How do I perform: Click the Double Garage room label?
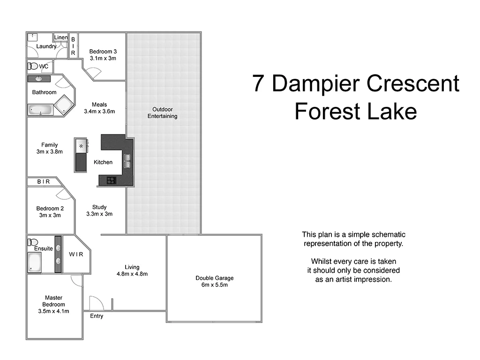click(x=214, y=278)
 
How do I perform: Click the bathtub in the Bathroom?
click(x=39, y=110)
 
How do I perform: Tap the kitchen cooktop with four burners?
click(x=112, y=180)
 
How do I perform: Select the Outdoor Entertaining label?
click(x=163, y=112)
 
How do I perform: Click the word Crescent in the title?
click(x=412, y=83)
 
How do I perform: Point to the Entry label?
click(x=97, y=316)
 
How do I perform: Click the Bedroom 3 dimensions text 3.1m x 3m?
click(x=103, y=59)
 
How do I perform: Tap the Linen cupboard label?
click(x=61, y=37)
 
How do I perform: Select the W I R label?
click(x=76, y=255)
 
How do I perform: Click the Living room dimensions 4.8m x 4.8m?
click(x=132, y=274)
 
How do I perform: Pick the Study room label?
click(x=99, y=207)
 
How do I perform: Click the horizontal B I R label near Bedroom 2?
click(x=43, y=181)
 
